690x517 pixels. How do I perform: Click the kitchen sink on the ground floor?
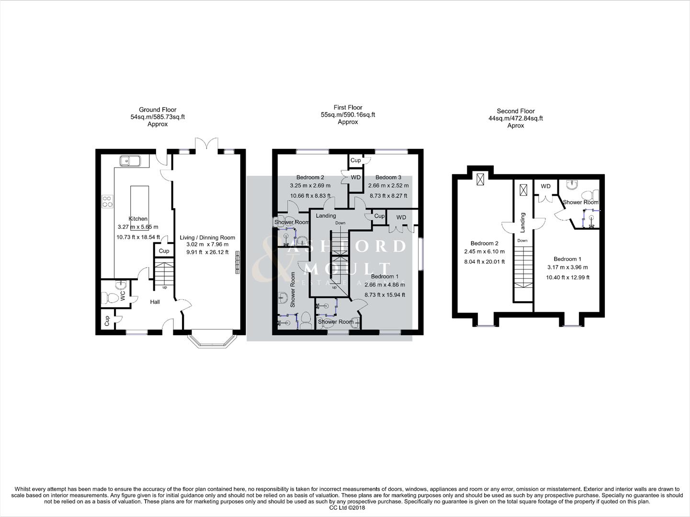point(129,161)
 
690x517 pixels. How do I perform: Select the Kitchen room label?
point(138,219)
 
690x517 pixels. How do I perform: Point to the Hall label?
point(155,302)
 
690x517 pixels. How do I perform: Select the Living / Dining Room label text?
point(207,237)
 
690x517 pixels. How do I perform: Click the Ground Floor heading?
point(158,110)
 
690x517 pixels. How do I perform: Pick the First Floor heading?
point(348,108)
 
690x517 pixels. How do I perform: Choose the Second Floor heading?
point(516,111)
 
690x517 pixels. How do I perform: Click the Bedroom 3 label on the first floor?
point(388,178)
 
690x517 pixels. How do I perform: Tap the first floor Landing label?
point(326,216)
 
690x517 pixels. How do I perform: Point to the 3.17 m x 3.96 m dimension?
point(567,268)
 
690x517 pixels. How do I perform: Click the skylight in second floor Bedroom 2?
point(480,179)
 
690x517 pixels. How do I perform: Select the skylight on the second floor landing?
point(524,190)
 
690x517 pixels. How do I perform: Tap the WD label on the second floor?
point(545,186)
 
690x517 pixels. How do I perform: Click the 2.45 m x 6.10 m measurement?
point(484,252)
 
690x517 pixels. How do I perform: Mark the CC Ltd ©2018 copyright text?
point(347,508)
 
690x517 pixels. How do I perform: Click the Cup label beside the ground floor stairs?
point(164,251)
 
